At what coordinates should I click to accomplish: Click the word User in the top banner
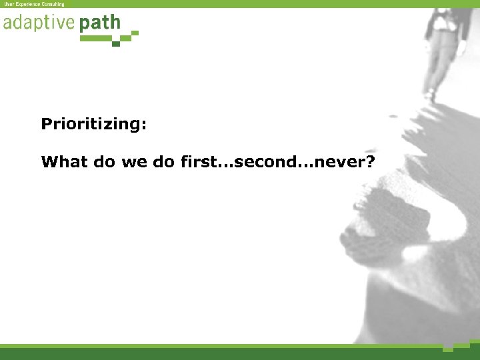9,4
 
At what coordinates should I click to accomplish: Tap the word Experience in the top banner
27,4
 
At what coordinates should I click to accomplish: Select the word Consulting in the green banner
53,4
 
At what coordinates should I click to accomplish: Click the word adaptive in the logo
39,23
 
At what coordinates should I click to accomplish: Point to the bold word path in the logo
99,24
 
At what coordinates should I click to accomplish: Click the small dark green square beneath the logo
116,43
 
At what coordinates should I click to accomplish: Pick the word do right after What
103,162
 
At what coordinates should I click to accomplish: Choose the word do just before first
165,162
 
